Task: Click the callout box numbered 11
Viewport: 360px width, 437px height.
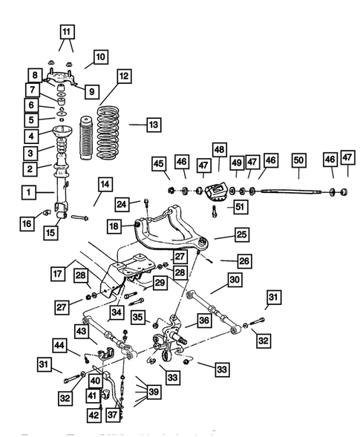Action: point(68,32)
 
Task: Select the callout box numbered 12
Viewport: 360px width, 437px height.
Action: point(123,76)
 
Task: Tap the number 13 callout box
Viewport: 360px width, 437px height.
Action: point(153,125)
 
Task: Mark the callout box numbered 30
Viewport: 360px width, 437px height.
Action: point(235,280)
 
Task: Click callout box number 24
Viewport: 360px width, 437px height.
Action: point(122,203)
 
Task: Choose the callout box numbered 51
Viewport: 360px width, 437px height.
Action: point(238,208)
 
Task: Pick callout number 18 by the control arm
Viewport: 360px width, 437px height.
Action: point(114,226)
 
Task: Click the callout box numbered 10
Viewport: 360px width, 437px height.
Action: point(100,56)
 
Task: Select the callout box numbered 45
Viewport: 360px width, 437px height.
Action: point(160,163)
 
